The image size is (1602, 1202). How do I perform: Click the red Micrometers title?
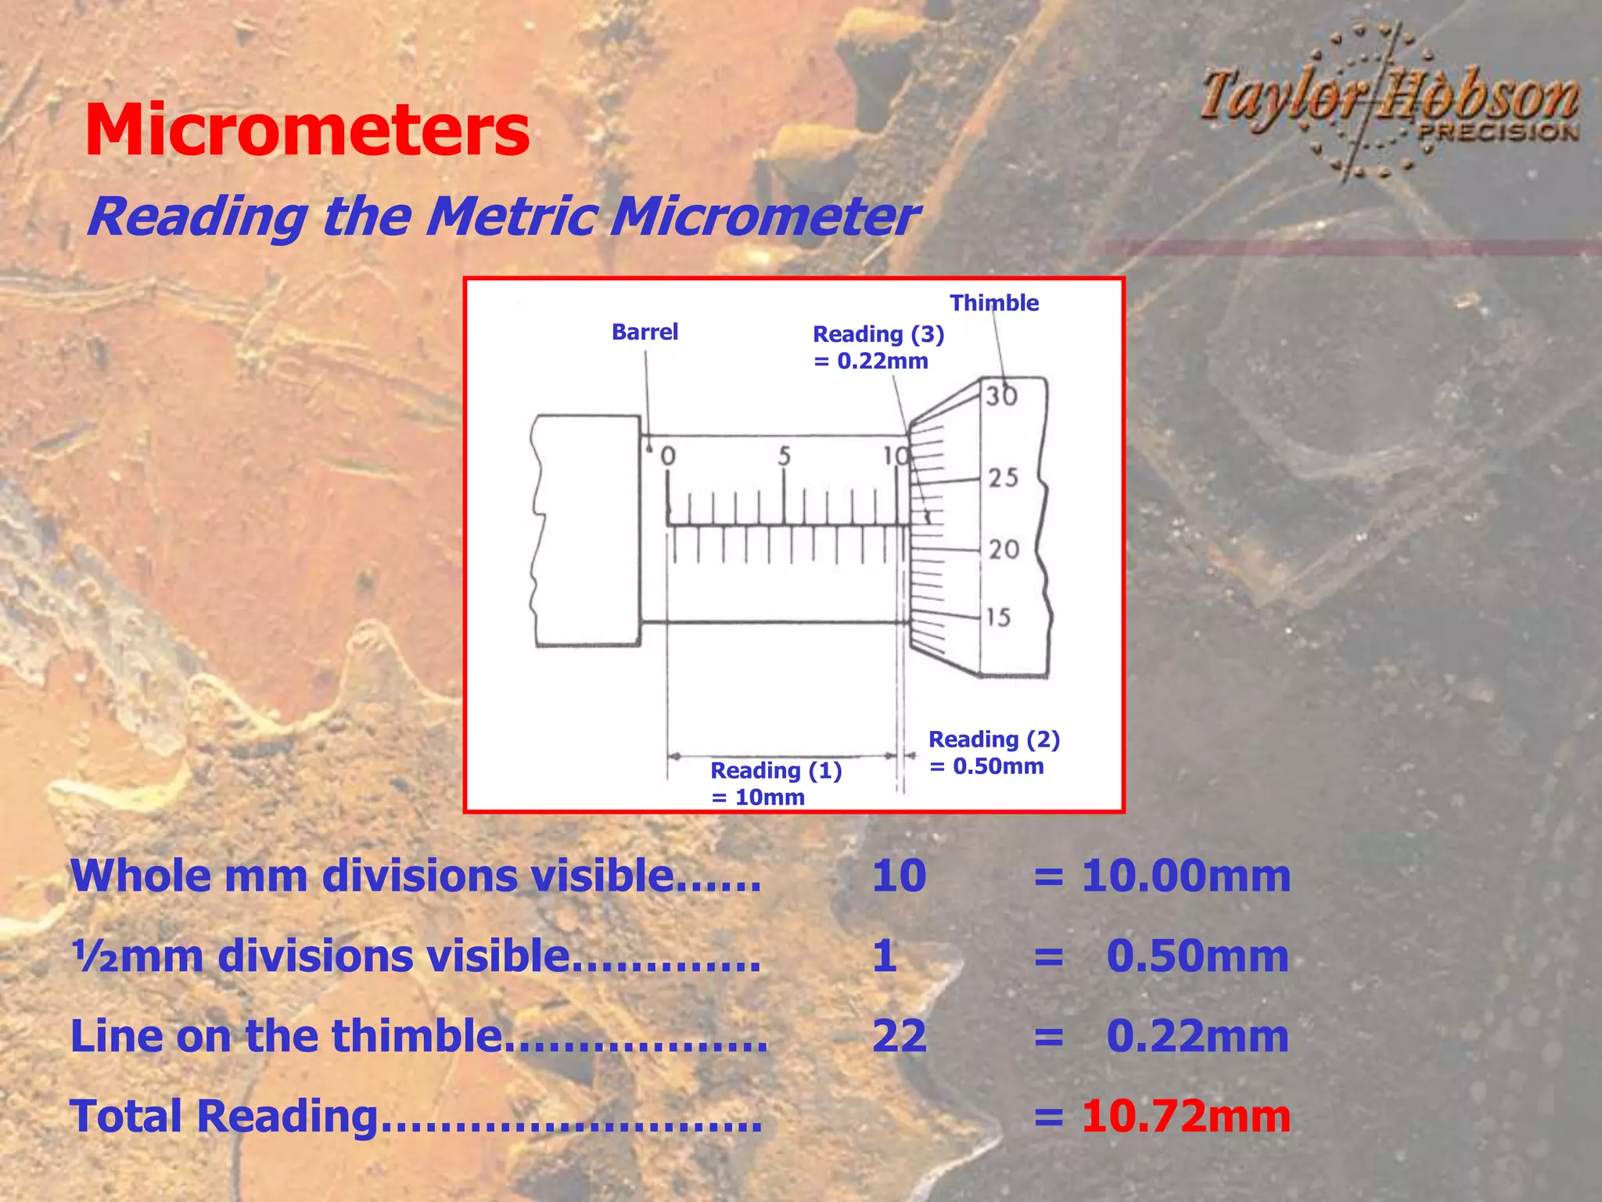click(307, 131)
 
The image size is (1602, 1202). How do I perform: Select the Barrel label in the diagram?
click(645, 332)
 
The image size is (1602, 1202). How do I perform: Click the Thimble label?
click(994, 303)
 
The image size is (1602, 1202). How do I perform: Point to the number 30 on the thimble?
click(1001, 396)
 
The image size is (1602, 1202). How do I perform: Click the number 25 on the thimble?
click(1004, 477)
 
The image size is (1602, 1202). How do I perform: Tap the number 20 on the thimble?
click(1004, 549)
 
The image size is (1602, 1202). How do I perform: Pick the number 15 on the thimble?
click(998, 617)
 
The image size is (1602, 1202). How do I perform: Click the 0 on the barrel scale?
click(668, 456)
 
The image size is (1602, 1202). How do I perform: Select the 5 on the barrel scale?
click(785, 456)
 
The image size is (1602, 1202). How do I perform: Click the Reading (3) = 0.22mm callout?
click(878, 347)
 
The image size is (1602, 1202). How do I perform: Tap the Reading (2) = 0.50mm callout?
click(993, 752)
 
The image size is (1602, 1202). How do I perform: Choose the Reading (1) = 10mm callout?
click(775, 783)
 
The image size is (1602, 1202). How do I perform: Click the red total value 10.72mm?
click(1185, 1116)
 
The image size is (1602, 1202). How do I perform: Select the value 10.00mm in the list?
click(1185, 876)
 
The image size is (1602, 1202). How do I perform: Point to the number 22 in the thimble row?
click(900, 1036)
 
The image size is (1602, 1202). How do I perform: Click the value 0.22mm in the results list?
click(1197, 1036)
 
